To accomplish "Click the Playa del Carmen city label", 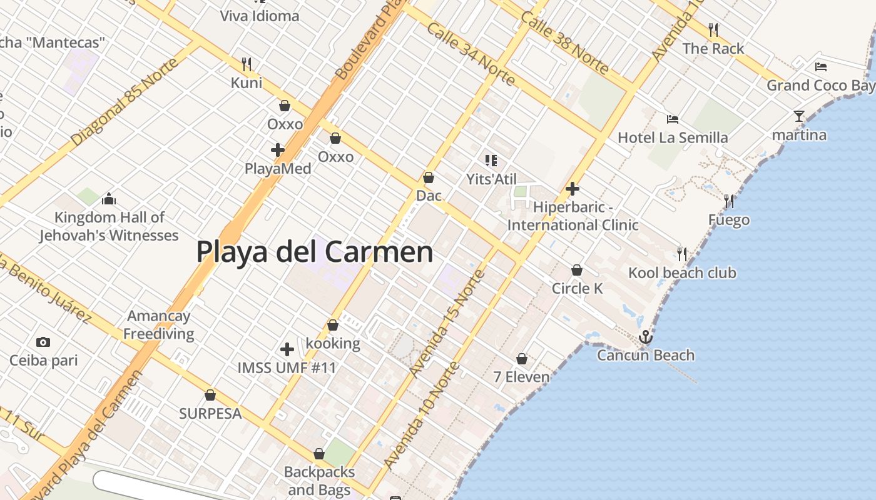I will pos(315,252).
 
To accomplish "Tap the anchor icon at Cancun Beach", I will pos(645,337).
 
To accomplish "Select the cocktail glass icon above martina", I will pos(799,116).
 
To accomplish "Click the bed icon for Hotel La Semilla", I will pos(673,119).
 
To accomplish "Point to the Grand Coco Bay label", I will pos(820,85).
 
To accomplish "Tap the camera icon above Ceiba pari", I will pos(43,342).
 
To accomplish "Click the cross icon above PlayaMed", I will pos(278,150).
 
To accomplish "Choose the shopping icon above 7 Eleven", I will pos(522,359).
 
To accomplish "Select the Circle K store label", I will pos(577,288).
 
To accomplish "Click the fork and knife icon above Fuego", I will pos(729,201).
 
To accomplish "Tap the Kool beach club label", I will pos(682,273).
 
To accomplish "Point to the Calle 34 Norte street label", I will pos(471,54).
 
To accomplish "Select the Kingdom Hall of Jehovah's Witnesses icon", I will pos(109,199).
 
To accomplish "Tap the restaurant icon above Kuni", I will pos(247,64).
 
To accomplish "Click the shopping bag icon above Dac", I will pos(429,177).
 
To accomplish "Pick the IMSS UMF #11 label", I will pos(287,367).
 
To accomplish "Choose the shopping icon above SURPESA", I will pos(210,395).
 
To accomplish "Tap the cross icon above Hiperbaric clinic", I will pos(572,189).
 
